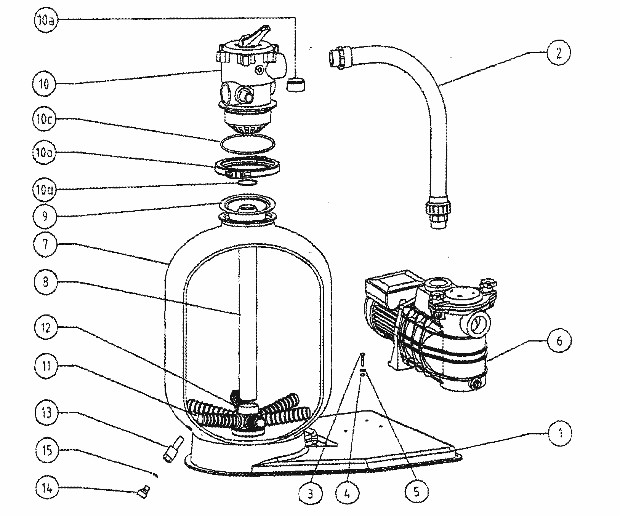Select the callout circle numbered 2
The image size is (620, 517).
pyautogui.click(x=558, y=53)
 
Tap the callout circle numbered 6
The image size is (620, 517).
pyautogui.click(x=559, y=340)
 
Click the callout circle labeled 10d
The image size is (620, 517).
pyautogui.click(x=45, y=189)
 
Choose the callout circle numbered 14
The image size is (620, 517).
pyautogui.click(x=46, y=488)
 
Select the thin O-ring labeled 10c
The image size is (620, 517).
pyautogui.click(x=247, y=145)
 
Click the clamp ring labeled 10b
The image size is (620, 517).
pyautogui.click(x=248, y=168)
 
